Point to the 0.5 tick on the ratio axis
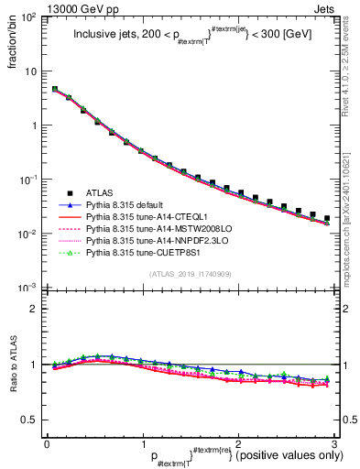pyautogui.click(x=29, y=420)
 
